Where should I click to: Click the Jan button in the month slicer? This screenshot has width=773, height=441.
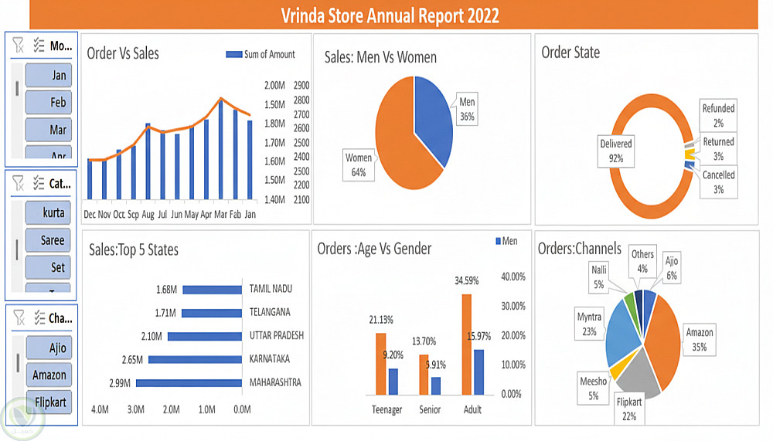tap(49, 75)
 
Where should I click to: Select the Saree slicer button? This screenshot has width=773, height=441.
tap(49, 240)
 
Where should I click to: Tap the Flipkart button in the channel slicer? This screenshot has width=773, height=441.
tap(49, 402)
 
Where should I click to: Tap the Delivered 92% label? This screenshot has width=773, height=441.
tap(615, 151)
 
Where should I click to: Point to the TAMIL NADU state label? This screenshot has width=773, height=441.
tap(271, 289)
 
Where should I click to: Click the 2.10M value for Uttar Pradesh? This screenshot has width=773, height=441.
tap(152, 336)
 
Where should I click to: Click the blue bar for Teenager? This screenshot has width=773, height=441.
tap(393, 382)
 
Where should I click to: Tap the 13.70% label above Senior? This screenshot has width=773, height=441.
tap(424, 341)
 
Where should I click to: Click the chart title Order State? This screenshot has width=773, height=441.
tap(570, 52)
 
